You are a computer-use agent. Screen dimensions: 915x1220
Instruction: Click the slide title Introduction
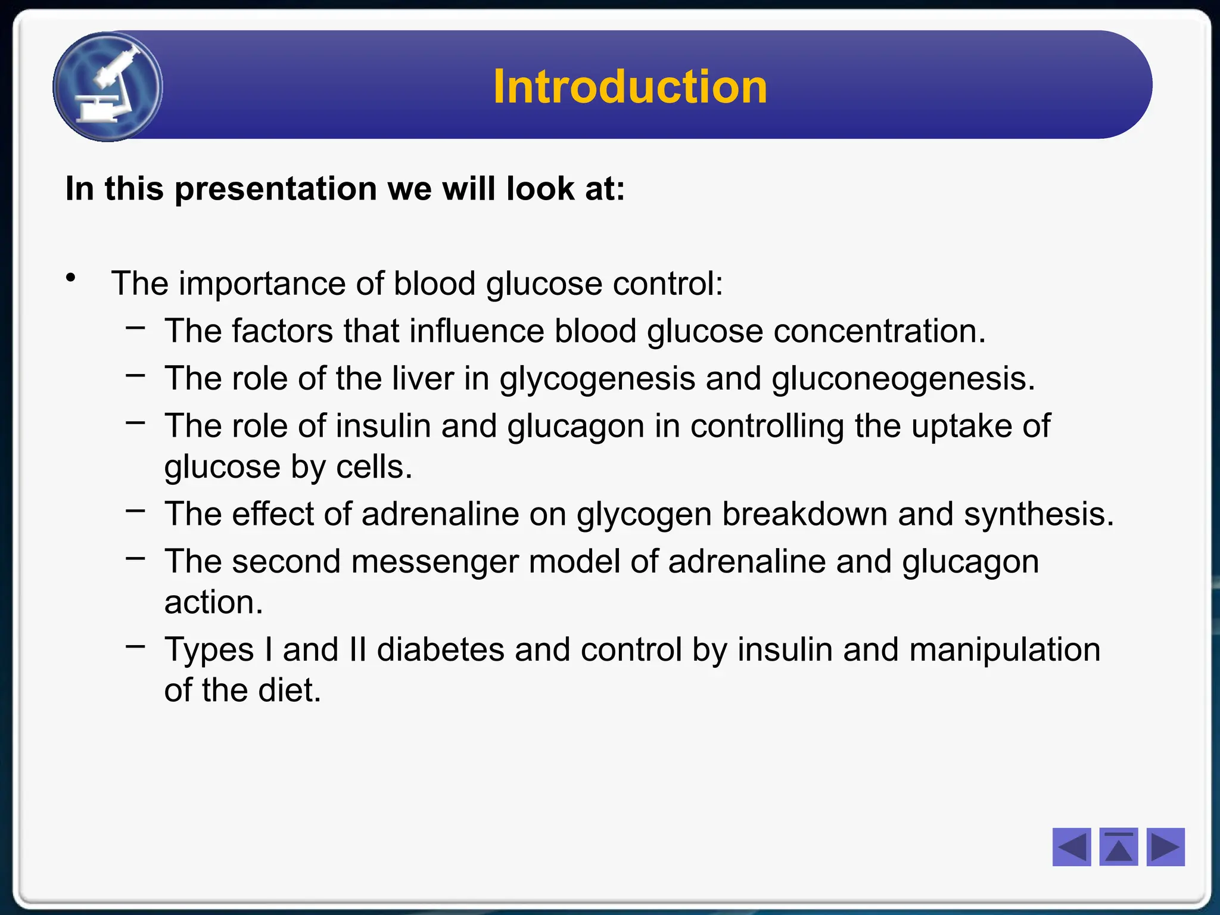pos(630,87)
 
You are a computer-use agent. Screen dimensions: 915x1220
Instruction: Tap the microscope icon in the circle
pos(108,86)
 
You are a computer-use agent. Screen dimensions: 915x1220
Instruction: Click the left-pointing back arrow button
pos(1071,846)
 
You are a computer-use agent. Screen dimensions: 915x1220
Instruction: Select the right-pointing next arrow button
pos(1165,846)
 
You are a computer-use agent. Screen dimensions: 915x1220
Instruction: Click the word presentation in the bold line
pos(275,189)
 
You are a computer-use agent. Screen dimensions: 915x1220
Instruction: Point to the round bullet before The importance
pos(71,278)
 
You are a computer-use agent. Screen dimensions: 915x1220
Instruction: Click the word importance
pos(262,284)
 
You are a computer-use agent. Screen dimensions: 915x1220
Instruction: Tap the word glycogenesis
pos(597,379)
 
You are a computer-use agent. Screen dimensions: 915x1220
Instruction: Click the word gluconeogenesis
pos(903,379)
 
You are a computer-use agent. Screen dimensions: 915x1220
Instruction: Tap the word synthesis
pos(1038,514)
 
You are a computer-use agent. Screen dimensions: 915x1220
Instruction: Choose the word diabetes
pos(441,649)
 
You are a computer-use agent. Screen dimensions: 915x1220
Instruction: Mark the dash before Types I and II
pos(135,645)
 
